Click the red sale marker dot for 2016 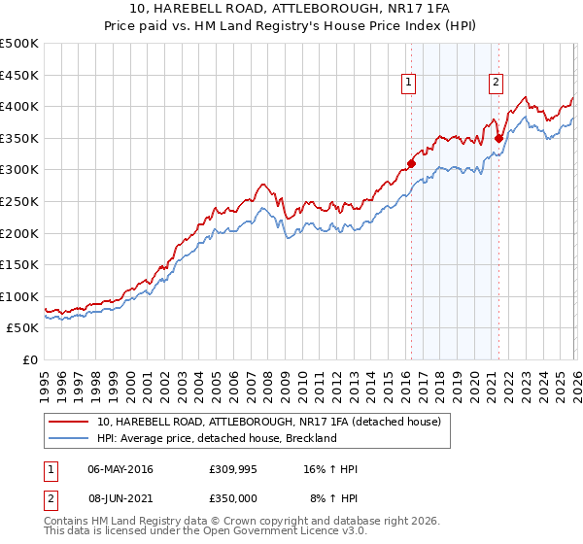[x=411, y=163]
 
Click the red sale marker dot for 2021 [x=498, y=138]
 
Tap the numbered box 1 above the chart [x=409, y=84]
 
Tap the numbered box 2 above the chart [x=496, y=84]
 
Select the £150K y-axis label [x=19, y=265]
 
